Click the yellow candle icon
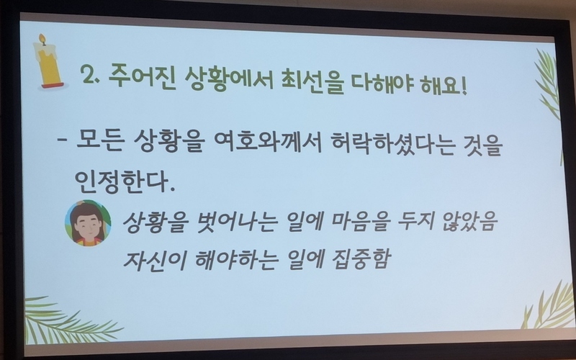tap(50, 62)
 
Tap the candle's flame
tap(42, 39)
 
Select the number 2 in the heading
tap(88, 75)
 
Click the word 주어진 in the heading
tap(140, 76)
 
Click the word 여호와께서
tap(267, 142)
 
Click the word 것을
tap(484, 145)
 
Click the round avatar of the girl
tap(88, 223)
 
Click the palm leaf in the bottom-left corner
tap(70, 320)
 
